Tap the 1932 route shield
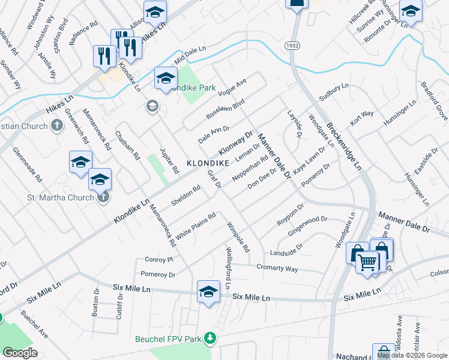click(292, 46)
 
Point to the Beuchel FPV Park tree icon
click(209, 339)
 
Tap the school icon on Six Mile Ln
click(208, 292)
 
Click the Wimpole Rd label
click(238, 237)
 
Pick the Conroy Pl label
click(159, 260)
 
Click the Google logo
click(20, 353)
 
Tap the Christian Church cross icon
click(57, 126)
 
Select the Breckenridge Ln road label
click(344, 146)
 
